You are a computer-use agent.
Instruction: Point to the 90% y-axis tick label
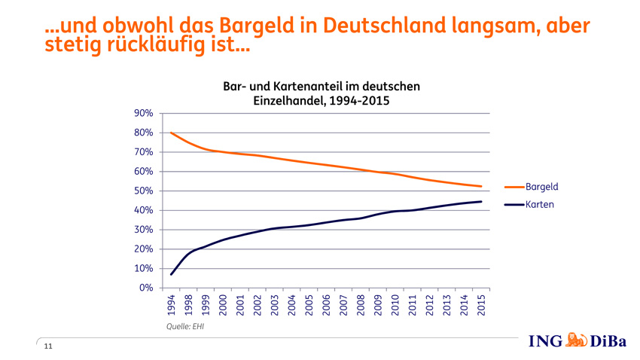(x=144, y=113)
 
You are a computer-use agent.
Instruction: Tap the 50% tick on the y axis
(x=144, y=191)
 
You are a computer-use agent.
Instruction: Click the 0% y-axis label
(x=147, y=288)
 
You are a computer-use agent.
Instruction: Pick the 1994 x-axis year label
(x=172, y=305)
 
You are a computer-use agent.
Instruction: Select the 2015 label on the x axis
(x=480, y=305)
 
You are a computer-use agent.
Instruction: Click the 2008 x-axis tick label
(x=361, y=305)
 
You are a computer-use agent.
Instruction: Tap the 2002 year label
(x=257, y=305)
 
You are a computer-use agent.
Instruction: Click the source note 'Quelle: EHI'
(x=185, y=327)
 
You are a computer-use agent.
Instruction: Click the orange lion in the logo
(x=576, y=341)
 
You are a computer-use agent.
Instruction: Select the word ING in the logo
(x=546, y=342)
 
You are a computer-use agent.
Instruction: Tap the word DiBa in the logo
(x=608, y=342)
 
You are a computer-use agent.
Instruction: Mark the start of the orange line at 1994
(x=172, y=133)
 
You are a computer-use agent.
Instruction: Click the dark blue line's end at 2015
(x=481, y=201)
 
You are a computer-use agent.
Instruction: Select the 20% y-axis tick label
(x=144, y=249)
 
